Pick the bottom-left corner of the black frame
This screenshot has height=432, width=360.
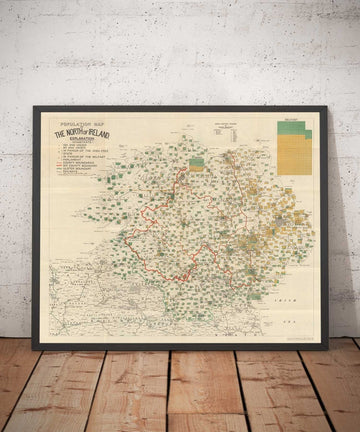coord(34,347)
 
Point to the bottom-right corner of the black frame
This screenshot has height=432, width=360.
coord(326,347)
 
